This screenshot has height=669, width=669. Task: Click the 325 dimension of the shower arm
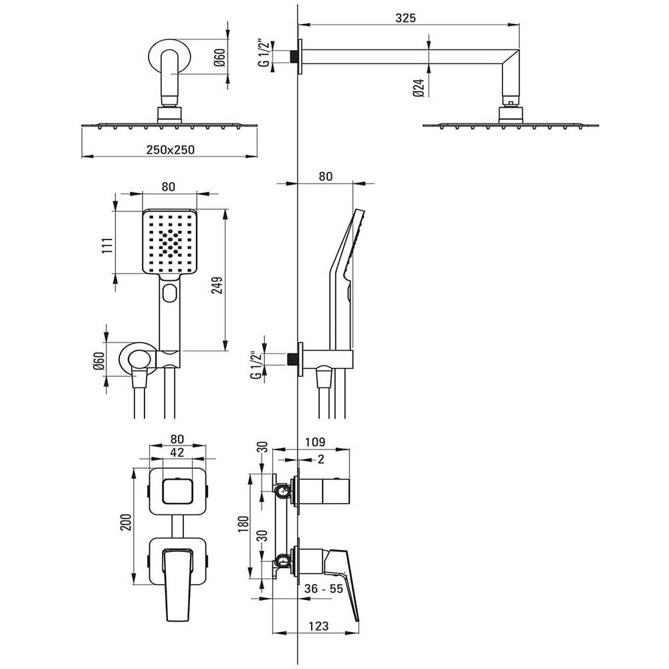[405, 18]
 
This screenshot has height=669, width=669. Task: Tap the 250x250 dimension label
[170, 150]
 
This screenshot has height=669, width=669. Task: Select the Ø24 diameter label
[419, 87]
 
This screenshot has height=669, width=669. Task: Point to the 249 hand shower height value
[217, 286]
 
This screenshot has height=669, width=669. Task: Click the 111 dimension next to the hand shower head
[107, 246]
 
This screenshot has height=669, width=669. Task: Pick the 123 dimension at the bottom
[318, 626]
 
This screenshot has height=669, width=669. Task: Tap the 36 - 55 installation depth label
[323, 589]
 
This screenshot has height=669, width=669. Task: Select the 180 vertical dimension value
[244, 524]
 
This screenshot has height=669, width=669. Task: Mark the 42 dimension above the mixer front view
[177, 452]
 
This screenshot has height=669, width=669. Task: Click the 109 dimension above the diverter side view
[315, 442]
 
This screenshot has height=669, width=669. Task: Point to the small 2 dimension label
[321, 459]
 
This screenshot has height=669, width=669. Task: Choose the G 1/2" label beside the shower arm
[265, 54]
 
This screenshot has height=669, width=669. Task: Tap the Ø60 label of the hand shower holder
[99, 361]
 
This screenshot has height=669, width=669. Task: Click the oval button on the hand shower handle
[170, 292]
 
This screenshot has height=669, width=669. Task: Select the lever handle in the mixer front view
[177, 585]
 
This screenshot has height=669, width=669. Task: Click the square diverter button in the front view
[177, 490]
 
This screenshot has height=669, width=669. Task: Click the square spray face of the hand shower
[169, 242]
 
